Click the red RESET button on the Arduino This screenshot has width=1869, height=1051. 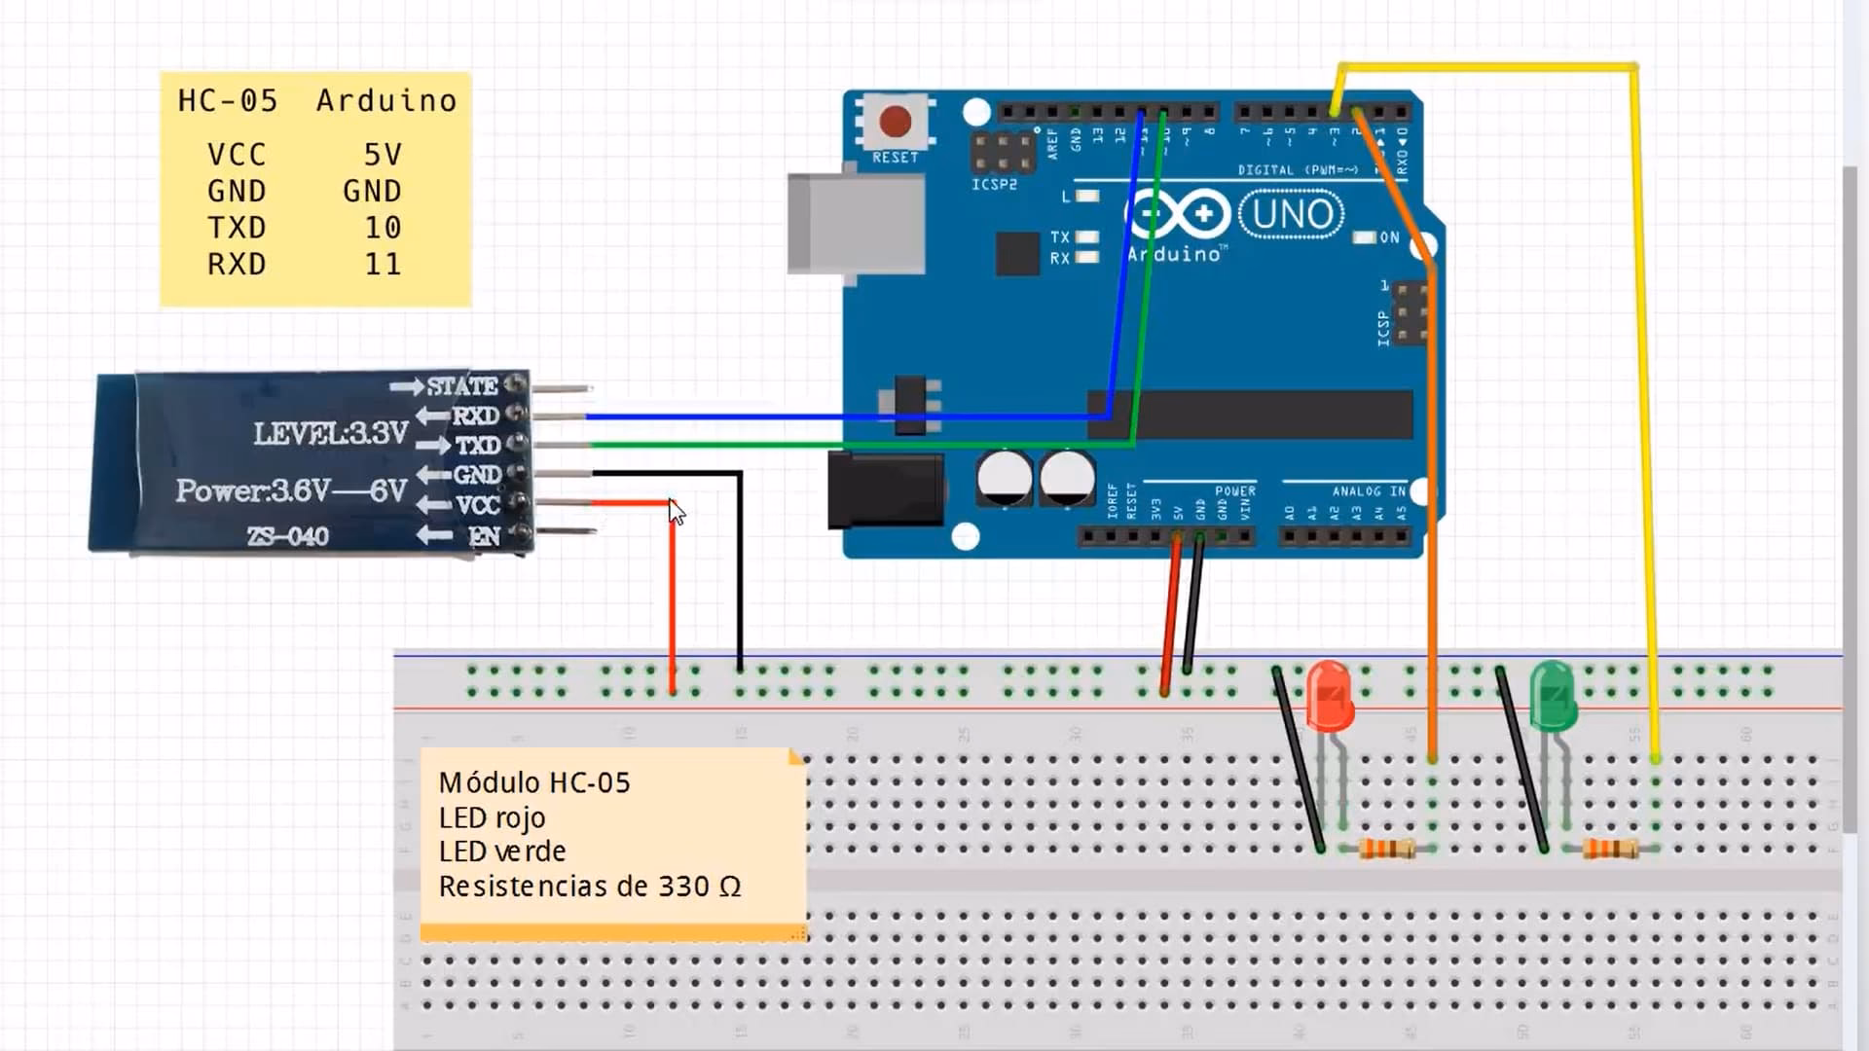895,122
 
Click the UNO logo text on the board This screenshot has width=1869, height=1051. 1292,214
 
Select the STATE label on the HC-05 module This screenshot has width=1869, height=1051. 462,386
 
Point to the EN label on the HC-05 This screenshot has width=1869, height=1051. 484,536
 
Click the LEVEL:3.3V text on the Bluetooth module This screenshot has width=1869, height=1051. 331,433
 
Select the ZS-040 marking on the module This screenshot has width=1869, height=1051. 287,536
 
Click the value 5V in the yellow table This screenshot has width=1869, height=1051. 383,155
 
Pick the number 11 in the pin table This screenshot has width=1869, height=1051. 383,265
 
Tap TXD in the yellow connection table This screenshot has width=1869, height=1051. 237,228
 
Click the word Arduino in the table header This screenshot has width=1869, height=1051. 386,100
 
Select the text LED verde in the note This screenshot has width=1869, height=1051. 501,852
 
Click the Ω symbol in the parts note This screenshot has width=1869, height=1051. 730,888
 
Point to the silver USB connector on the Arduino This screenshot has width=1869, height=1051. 855,223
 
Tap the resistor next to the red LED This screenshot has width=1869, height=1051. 1386,849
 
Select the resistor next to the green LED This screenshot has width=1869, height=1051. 1609,849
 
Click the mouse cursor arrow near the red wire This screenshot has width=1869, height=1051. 677,512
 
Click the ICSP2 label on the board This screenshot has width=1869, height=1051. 994,184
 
